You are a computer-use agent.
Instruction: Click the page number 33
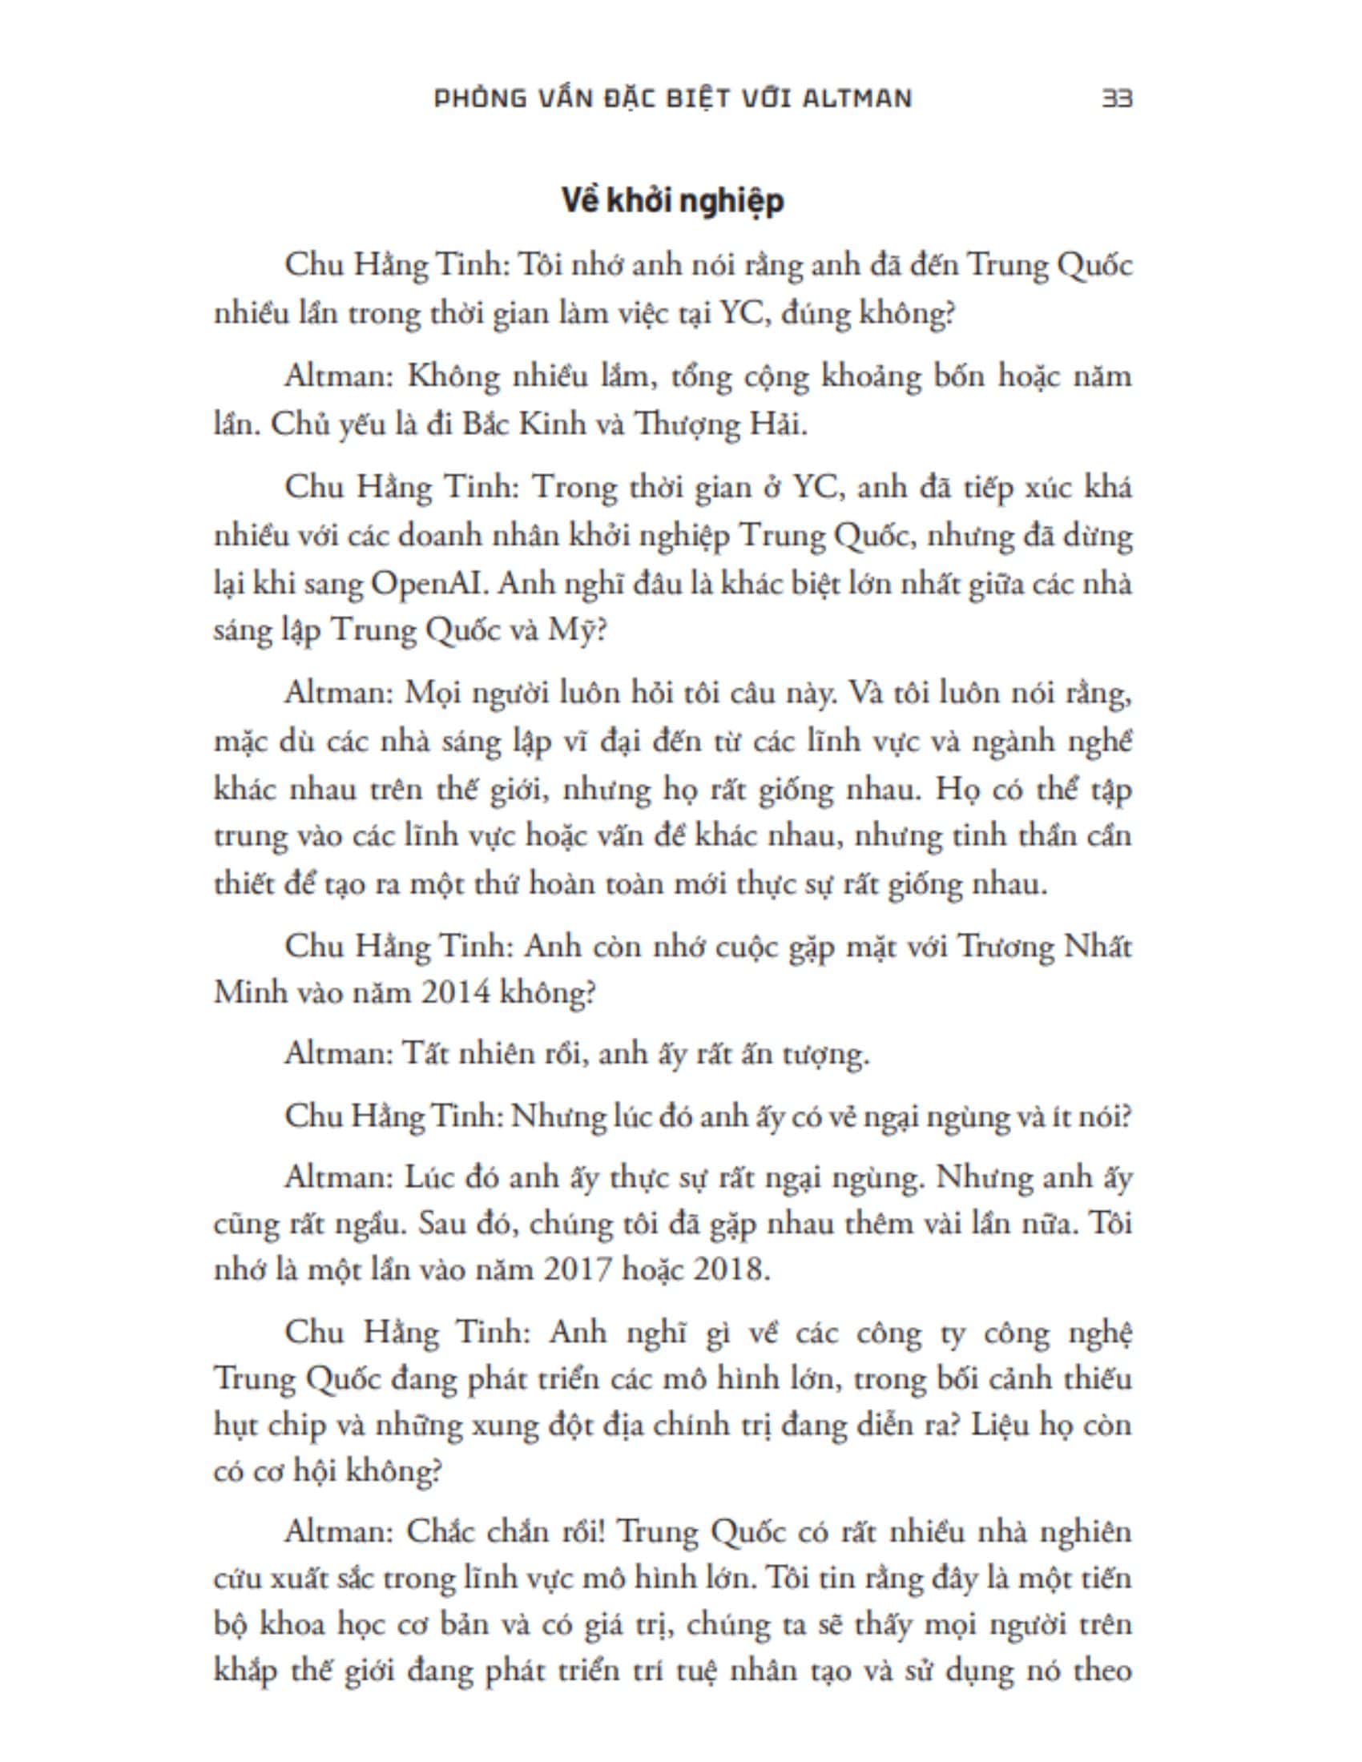pyautogui.click(x=1118, y=99)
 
